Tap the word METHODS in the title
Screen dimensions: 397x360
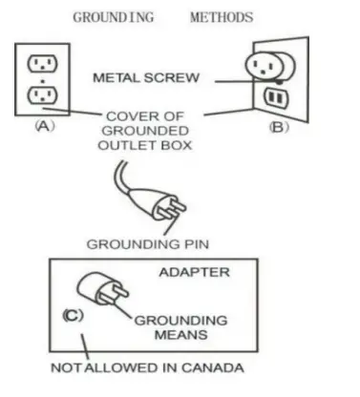point(222,17)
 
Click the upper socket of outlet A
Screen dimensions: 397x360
point(40,64)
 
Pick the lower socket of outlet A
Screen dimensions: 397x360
point(40,95)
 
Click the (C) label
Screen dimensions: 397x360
point(74,315)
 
